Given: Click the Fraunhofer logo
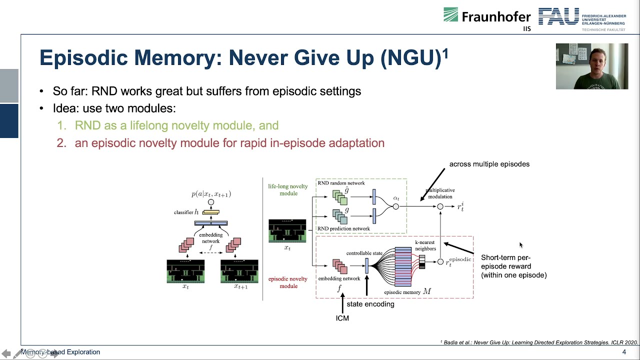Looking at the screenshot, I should pos(486,16).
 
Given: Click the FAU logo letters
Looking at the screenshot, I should pos(558,16).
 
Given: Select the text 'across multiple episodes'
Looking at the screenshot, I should pos(489,164).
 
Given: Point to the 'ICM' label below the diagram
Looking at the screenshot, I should pos(342,318).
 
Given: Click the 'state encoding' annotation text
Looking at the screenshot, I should pos(370,304).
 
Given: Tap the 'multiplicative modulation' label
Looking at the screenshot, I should pos(440,193).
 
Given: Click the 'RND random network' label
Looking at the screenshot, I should pos(341,183).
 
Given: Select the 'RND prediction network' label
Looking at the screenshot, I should pos(343,228).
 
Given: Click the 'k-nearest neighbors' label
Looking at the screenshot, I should pos(425,245).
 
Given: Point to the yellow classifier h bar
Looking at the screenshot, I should pos(210,212).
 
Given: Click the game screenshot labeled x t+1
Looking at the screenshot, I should pos(239,271).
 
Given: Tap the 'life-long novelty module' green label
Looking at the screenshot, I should pos(288,190).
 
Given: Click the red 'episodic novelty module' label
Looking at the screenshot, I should pos(288,282).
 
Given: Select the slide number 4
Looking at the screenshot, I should pos(623,352).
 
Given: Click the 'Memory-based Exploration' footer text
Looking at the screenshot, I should pos(60,352).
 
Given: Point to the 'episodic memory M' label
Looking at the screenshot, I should pos(407,291).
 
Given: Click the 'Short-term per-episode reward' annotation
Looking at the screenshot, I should pos(513,266).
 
